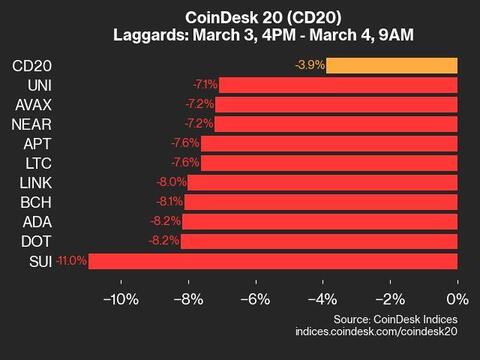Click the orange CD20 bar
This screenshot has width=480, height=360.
392,66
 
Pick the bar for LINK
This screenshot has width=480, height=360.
323,183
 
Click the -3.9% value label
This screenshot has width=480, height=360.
308,66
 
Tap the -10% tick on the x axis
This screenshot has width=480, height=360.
121,299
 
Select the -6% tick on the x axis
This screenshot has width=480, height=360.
256,299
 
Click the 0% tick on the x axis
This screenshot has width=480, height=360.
456,299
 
